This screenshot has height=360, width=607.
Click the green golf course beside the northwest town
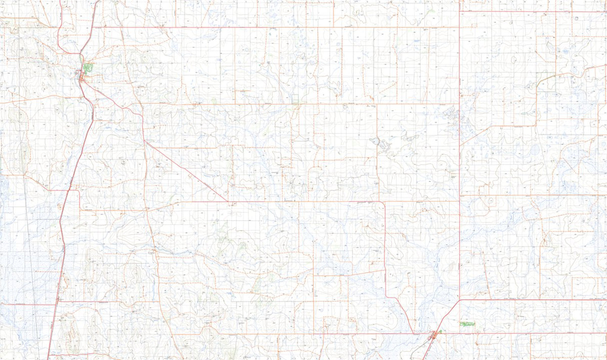pos(89,67)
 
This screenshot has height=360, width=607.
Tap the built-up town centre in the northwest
pos(81,76)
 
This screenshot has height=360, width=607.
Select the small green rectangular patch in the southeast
pos(467,323)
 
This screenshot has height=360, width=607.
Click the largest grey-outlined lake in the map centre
pos(375,142)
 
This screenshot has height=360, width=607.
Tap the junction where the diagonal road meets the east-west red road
pos(228,201)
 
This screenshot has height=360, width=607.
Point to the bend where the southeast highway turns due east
pos(460,300)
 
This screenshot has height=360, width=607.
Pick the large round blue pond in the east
pos(534,150)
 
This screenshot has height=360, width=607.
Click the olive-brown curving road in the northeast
pos(556,76)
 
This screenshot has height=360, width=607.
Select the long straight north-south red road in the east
pos(459,152)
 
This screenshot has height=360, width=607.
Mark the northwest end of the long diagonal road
pos(145,142)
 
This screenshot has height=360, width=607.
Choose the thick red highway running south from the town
pos(66,212)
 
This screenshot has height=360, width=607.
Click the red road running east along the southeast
pos(531,300)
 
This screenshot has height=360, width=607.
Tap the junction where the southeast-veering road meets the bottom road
pos(414,334)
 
